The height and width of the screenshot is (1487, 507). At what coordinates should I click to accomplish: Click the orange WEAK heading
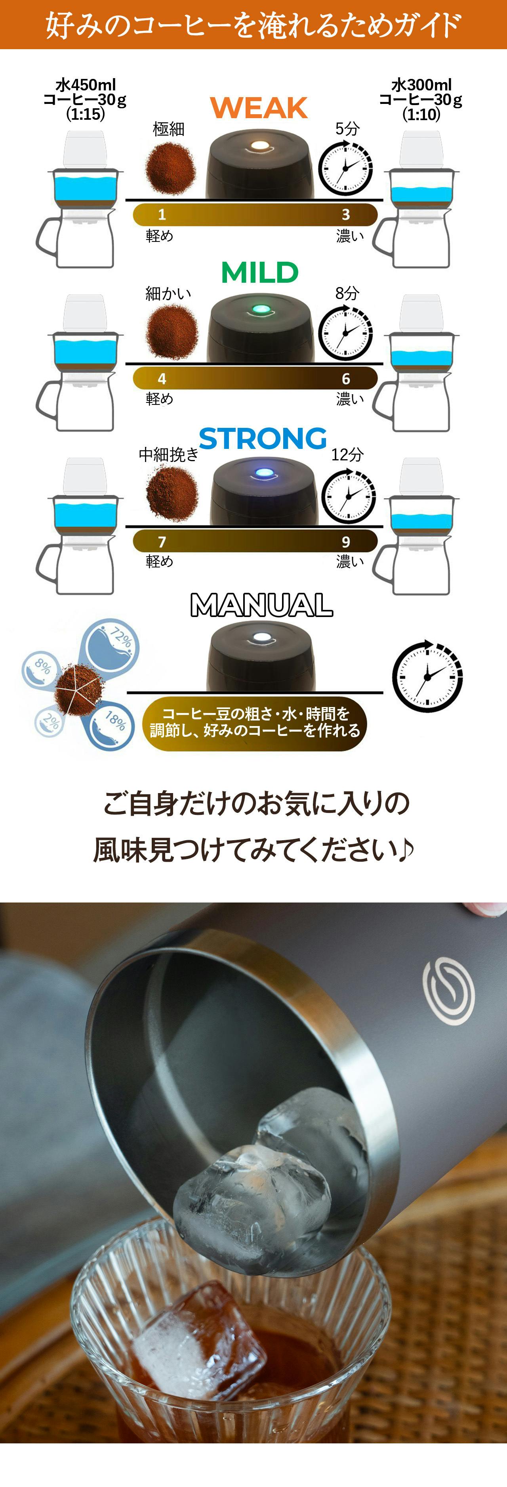pyautogui.click(x=259, y=108)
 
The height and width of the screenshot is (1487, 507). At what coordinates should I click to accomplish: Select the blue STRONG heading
pyautogui.click(x=263, y=439)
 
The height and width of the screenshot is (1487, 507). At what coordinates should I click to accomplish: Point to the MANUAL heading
pyautogui.click(x=261, y=605)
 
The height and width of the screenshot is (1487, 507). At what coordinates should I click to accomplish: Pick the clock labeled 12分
pyautogui.click(x=349, y=495)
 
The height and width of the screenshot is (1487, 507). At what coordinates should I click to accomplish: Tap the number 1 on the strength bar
pyautogui.click(x=162, y=215)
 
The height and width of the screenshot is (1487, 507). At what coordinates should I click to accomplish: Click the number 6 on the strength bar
pyautogui.click(x=346, y=379)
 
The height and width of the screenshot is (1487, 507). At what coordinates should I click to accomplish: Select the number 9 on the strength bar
pyautogui.click(x=346, y=541)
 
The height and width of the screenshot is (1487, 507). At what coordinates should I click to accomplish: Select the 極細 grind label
pyautogui.click(x=168, y=129)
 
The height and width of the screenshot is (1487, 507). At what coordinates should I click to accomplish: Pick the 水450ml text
pyautogui.click(x=86, y=85)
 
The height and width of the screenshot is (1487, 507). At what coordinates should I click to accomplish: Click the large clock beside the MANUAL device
pyautogui.click(x=427, y=675)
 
